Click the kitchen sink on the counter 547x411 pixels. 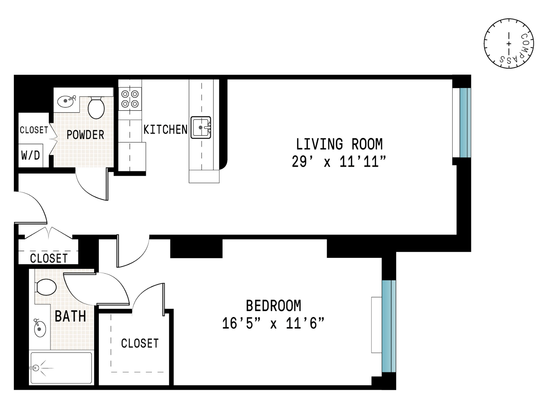[x=201, y=127]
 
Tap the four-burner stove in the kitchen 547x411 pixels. [x=130, y=99]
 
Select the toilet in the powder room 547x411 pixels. [x=96, y=108]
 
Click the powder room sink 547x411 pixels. [x=66, y=101]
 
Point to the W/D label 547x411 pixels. [x=30, y=155]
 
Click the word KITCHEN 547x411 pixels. [x=165, y=130]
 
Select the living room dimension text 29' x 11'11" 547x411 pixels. [x=339, y=162]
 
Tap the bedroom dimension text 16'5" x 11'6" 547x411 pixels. [x=273, y=323]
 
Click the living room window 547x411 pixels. [x=465, y=123]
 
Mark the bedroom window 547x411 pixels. [x=388, y=326]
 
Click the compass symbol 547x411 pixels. [x=508, y=43]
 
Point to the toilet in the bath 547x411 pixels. [x=46, y=287]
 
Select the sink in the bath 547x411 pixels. [x=40, y=329]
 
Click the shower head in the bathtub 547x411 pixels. [x=36, y=368]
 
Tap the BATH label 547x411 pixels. [x=70, y=316]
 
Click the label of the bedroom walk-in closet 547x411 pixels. [x=140, y=344]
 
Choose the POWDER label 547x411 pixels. [x=85, y=135]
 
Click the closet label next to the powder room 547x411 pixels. [x=34, y=130]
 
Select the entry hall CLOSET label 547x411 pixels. [x=49, y=258]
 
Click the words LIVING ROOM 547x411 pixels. [x=339, y=144]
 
